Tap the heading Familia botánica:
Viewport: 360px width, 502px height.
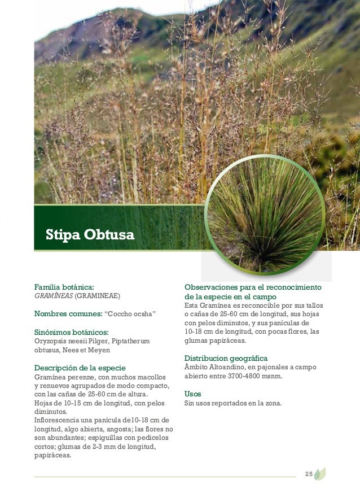click(64, 287)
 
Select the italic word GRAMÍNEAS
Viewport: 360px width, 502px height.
click(54, 295)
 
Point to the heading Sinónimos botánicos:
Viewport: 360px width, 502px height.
click(71, 332)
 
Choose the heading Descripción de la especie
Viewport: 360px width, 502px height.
click(80, 368)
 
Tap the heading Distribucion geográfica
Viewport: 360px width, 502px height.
click(226, 359)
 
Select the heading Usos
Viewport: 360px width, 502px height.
click(193, 394)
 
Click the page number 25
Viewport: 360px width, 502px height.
click(309, 473)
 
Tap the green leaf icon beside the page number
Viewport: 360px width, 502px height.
click(320, 473)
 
